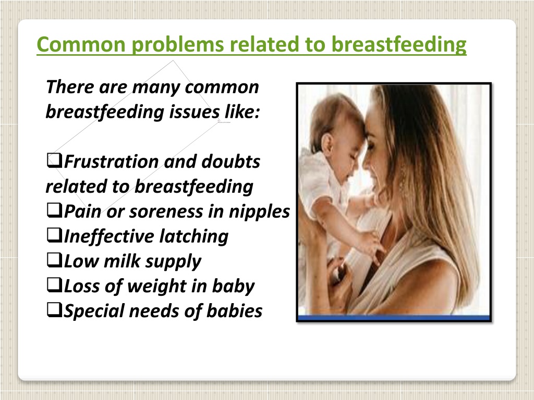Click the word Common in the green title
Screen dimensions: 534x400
coord(81,45)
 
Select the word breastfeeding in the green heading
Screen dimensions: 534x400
coord(399,45)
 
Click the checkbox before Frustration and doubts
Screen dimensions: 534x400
coord(54,160)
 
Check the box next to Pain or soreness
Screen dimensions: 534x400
coord(54,210)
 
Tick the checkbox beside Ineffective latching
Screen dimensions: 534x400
coord(54,235)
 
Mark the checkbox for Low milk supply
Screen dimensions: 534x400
coord(54,260)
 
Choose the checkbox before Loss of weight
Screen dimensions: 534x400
coord(54,285)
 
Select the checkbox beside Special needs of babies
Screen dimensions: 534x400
coord(54,310)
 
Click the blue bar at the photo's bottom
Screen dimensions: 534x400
coord(394,318)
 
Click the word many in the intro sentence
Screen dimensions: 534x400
coord(156,87)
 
